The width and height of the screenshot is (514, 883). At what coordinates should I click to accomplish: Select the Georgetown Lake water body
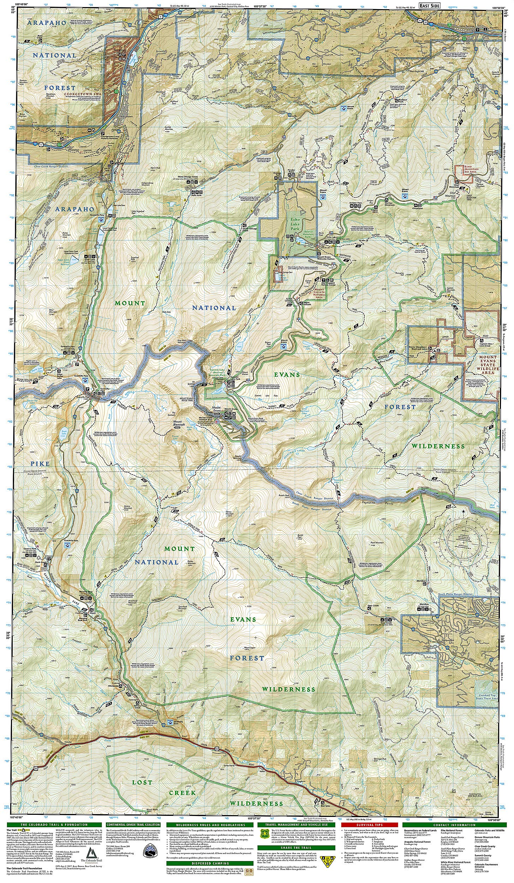click(134, 57)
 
